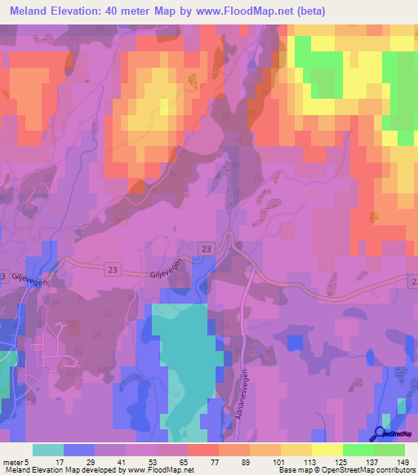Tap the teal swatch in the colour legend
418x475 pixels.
[x=48, y=449]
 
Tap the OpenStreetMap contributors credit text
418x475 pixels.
[x=359, y=470]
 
